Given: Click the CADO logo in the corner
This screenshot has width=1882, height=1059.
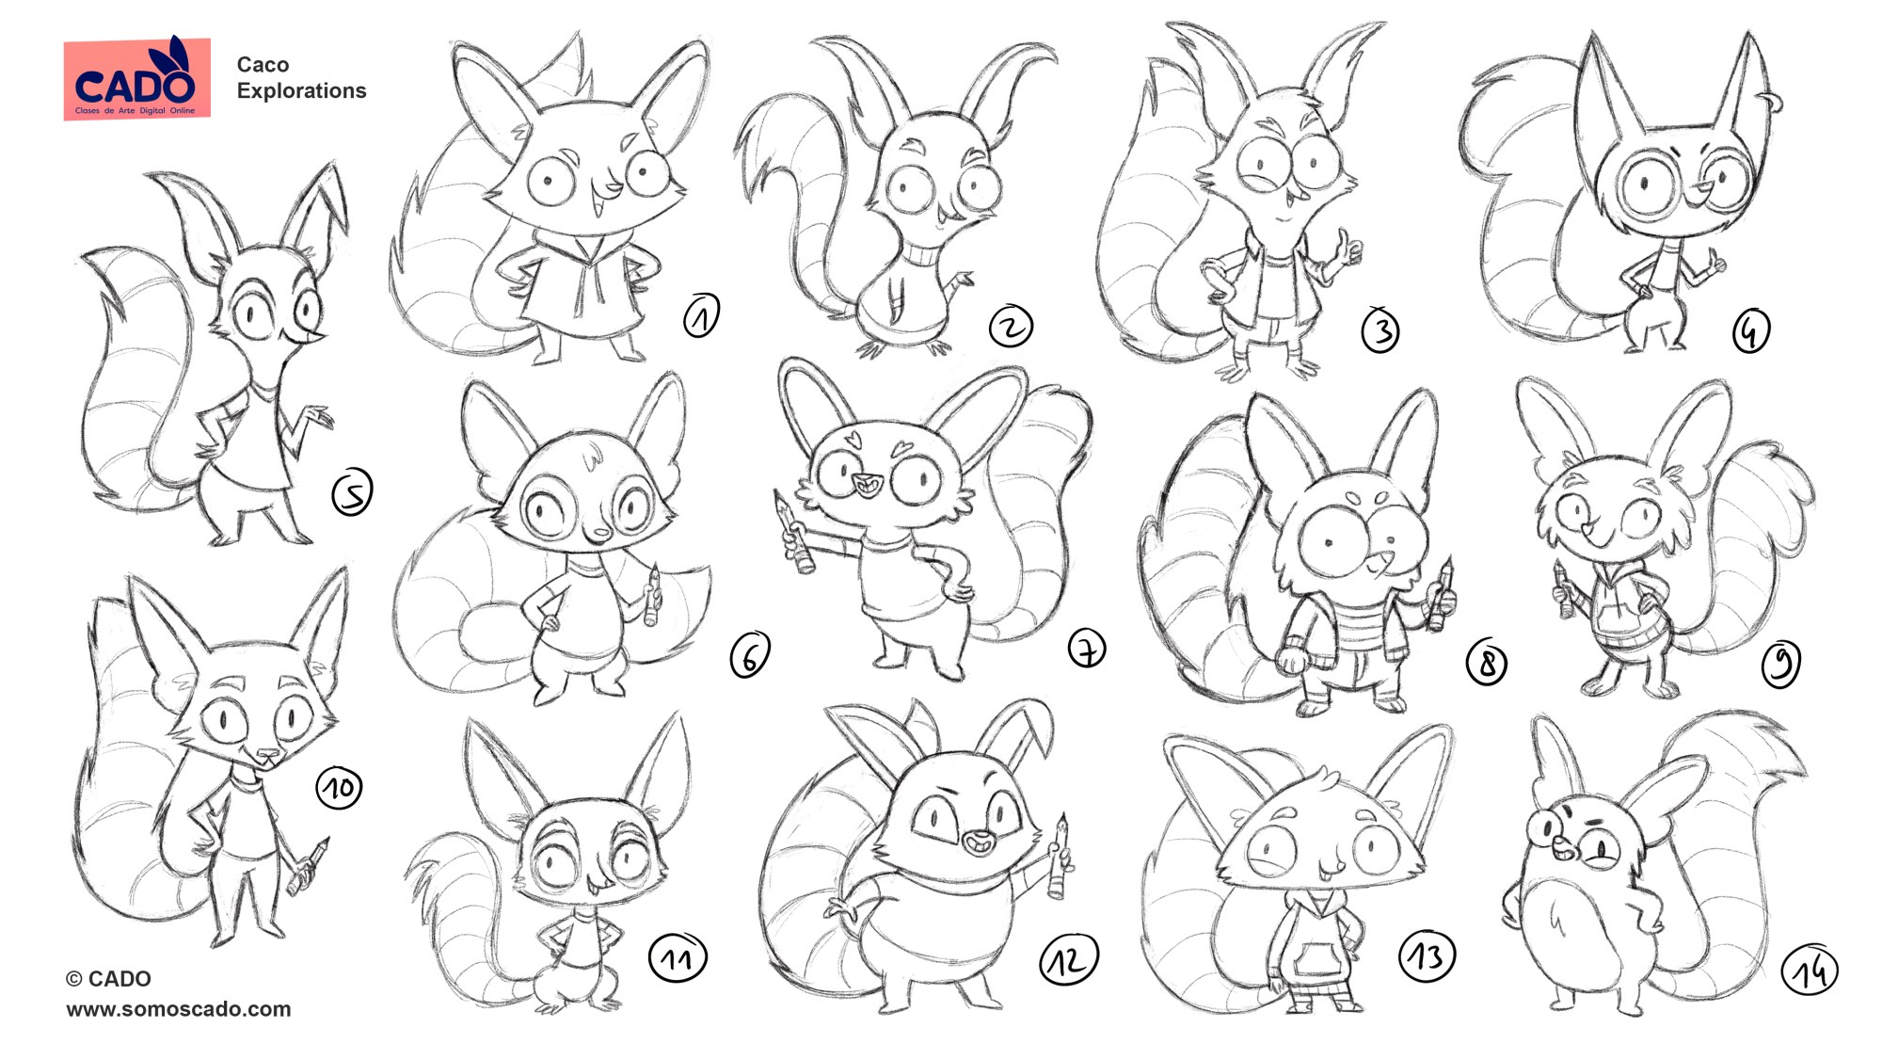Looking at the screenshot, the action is pyautogui.click(x=137, y=78).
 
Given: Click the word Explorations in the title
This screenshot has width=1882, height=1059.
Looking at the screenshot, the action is pyautogui.click(x=301, y=91).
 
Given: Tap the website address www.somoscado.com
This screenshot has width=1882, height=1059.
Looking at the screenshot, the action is pyautogui.click(x=179, y=1009).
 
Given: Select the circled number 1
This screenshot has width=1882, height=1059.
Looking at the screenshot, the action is pyautogui.click(x=701, y=314).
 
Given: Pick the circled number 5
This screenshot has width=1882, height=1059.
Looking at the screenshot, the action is pyautogui.click(x=353, y=493).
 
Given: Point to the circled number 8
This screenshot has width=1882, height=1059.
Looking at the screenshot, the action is pyautogui.click(x=1487, y=664).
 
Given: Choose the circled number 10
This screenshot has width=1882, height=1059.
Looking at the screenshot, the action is pyautogui.click(x=339, y=788).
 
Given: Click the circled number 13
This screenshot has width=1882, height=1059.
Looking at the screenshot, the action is pyautogui.click(x=1427, y=956).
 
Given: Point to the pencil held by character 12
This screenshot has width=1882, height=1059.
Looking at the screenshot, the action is pyautogui.click(x=1060, y=857).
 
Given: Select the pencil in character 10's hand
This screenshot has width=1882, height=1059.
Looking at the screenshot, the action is pyautogui.click(x=310, y=865).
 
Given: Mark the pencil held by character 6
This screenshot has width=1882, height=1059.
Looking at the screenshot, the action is pyautogui.click(x=651, y=595).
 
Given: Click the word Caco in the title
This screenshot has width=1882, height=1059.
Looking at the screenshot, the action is pyautogui.click(x=263, y=65).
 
